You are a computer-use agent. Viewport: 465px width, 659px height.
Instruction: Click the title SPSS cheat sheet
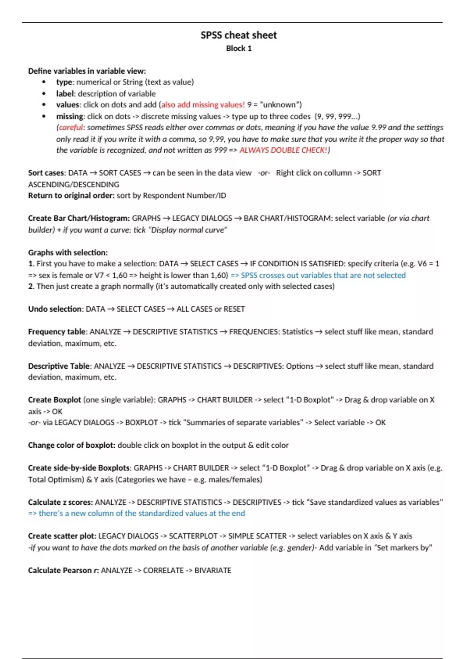point(239,35)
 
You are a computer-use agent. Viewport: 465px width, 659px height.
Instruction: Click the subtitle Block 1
point(239,48)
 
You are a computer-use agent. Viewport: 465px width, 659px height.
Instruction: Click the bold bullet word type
point(64,82)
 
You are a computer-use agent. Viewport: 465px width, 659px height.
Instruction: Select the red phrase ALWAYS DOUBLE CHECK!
point(283,150)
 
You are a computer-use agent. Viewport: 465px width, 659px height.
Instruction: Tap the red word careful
point(71,128)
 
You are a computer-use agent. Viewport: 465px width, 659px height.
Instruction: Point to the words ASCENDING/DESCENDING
point(74,185)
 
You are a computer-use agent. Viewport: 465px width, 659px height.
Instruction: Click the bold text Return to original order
point(71,195)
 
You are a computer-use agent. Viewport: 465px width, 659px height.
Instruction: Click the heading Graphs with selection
point(68,252)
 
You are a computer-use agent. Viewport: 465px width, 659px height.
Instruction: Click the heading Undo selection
point(55,309)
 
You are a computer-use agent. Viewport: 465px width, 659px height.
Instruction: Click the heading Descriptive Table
point(59,366)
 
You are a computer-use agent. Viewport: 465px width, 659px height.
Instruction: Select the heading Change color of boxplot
point(71,445)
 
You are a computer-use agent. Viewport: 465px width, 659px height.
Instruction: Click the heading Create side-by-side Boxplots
point(79,468)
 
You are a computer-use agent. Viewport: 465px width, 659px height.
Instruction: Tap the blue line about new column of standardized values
point(136,513)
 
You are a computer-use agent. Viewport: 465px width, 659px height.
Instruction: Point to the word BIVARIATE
point(213,570)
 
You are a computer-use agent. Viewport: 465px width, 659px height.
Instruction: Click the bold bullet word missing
point(70,116)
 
